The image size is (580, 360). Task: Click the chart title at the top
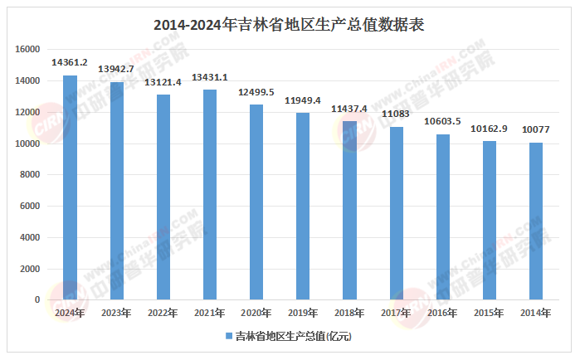(x=290, y=24)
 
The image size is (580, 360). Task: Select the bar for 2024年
(x=71, y=187)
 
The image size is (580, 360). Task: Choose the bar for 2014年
(x=536, y=221)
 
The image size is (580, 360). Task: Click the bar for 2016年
(x=442, y=216)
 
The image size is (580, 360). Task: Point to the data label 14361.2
(x=71, y=62)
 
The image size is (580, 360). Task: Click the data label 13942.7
(x=117, y=69)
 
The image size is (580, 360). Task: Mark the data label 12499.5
(x=256, y=91)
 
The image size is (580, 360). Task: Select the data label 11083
(x=396, y=114)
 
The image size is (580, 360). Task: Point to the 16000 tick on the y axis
(x=28, y=50)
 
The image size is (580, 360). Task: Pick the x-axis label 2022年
(x=163, y=313)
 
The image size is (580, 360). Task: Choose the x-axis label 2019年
(x=303, y=313)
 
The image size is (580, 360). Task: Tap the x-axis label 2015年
(x=489, y=313)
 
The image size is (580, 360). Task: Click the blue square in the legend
(x=228, y=337)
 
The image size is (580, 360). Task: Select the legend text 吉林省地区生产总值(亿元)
(x=294, y=337)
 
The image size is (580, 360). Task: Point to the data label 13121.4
(x=163, y=81)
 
